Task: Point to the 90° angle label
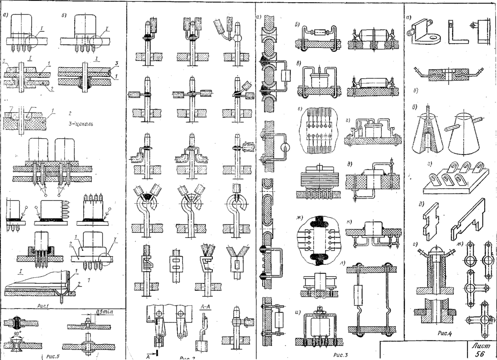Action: pos(18,332)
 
